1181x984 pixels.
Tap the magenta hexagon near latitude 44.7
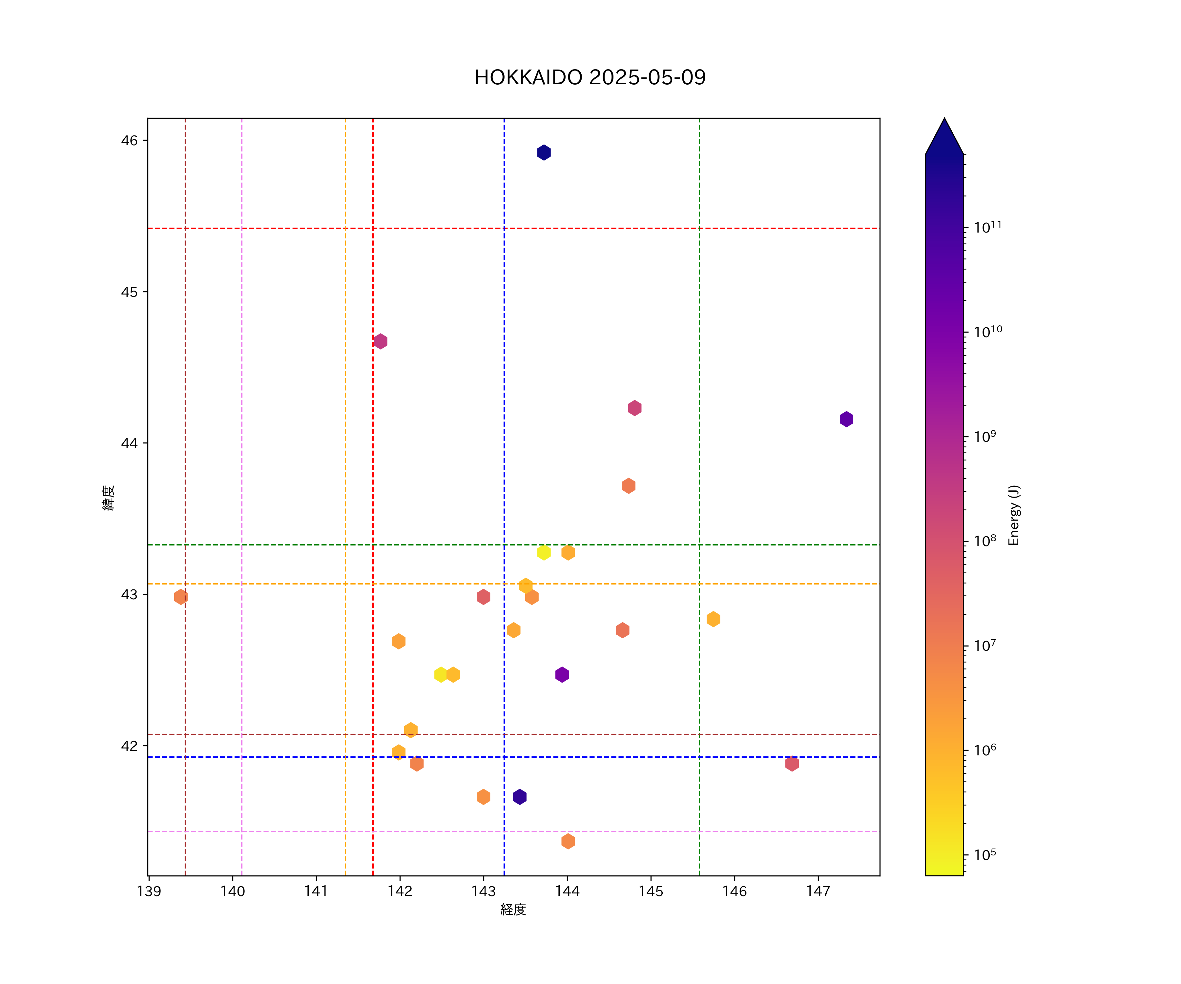(380, 341)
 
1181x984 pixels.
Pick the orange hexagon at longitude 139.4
(180, 597)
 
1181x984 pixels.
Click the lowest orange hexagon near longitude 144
(568, 841)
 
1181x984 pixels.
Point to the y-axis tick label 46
(129, 141)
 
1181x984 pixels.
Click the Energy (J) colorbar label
(1014, 515)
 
